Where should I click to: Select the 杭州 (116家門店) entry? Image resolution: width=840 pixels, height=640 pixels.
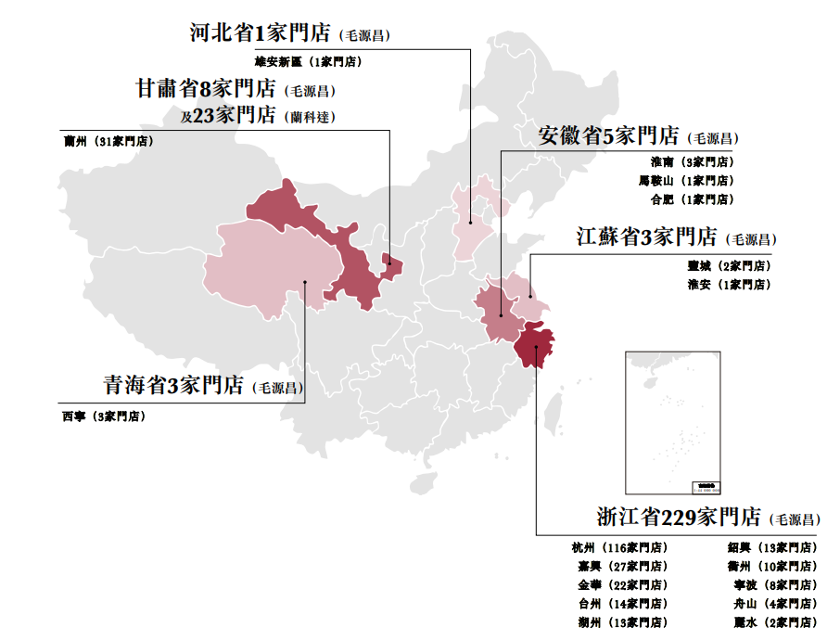click(619, 547)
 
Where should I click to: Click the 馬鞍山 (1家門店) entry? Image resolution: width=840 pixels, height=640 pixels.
click(686, 181)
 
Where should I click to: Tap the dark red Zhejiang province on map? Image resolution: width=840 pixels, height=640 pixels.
click(536, 346)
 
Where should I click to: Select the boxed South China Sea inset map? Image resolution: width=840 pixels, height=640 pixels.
click(671, 422)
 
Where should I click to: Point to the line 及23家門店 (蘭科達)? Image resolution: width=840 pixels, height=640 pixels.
click(258, 116)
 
